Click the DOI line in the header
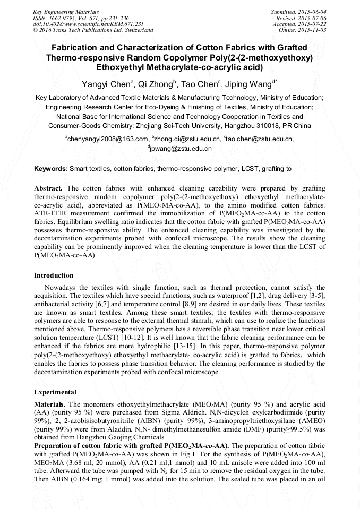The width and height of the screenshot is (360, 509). pos(88,24)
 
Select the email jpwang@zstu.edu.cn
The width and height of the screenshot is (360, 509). pos(181,149)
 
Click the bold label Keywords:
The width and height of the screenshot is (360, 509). pos(51,169)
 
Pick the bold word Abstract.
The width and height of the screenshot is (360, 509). pos(48,188)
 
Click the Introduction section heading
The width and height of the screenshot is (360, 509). pos(54,275)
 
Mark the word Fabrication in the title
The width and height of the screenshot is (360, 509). pos(71,48)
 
